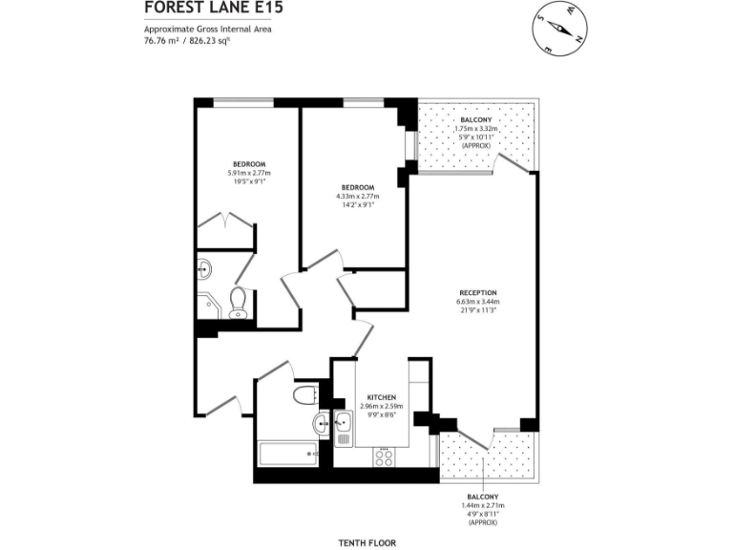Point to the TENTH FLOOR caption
(366, 542)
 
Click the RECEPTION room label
(477, 293)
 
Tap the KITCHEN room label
(382, 397)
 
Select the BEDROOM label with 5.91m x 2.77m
(248, 163)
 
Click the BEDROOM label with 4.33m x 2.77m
(357, 187)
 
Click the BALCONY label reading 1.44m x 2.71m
(483, 497)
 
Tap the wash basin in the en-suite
(207, 267)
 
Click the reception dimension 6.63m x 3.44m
(477, 303)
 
